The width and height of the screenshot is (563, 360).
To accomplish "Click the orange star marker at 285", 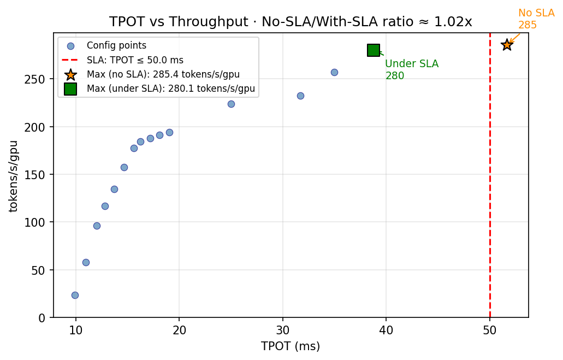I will [507, 45].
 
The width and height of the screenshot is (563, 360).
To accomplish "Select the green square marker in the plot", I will [374, 50].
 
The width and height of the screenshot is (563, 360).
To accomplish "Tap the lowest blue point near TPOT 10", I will [75, 295].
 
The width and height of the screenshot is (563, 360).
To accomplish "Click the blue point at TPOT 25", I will [231, 104].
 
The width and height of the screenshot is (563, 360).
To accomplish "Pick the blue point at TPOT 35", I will [334, 72].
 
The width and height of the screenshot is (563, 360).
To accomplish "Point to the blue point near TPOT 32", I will [300, 96].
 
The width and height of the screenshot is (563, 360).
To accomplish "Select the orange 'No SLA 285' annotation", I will [535, 19].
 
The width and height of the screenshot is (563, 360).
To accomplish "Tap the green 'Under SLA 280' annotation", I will [411, 70].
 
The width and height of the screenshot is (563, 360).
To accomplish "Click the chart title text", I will [291, 21].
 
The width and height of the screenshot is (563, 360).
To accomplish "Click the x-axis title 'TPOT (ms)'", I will [291, 346].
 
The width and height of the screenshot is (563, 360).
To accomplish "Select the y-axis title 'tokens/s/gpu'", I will [14, 176].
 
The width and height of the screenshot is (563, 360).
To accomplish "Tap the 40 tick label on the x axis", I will [386, 330].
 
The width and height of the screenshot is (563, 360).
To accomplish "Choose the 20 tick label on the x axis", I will [179, 330].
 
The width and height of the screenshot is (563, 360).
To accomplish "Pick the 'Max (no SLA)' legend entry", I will [163, 74].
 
